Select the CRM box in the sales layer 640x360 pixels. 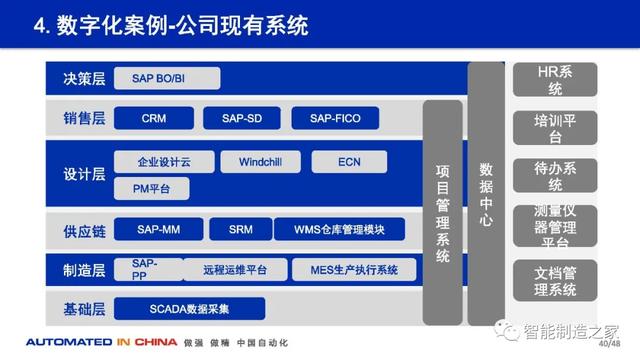tap(154, 118)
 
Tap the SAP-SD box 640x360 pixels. tap(241, 118)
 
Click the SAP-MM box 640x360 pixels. tap(158, 229)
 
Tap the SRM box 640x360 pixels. tap(240, 229)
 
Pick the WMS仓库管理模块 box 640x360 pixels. tap(339, 229)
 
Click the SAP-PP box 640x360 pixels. tap(145, 269)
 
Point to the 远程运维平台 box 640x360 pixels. tap(235, 270)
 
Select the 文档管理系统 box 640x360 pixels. tap(555, 280)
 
